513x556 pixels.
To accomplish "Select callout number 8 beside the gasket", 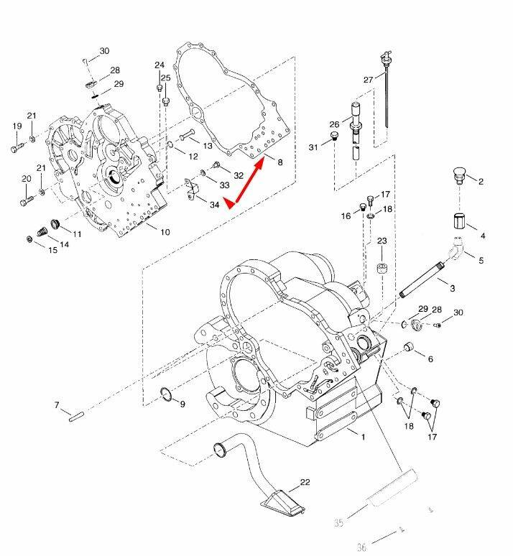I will coord(279,162).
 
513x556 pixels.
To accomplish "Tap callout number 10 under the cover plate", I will coord(165,232).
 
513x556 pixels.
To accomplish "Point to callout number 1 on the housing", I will coord(363,436).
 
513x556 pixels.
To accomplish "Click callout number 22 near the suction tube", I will coord(305,482).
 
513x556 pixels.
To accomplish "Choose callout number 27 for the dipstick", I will coord(369,79).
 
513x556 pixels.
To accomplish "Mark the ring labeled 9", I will coord(165,394).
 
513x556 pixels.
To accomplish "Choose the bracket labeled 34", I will coord(191,190).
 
